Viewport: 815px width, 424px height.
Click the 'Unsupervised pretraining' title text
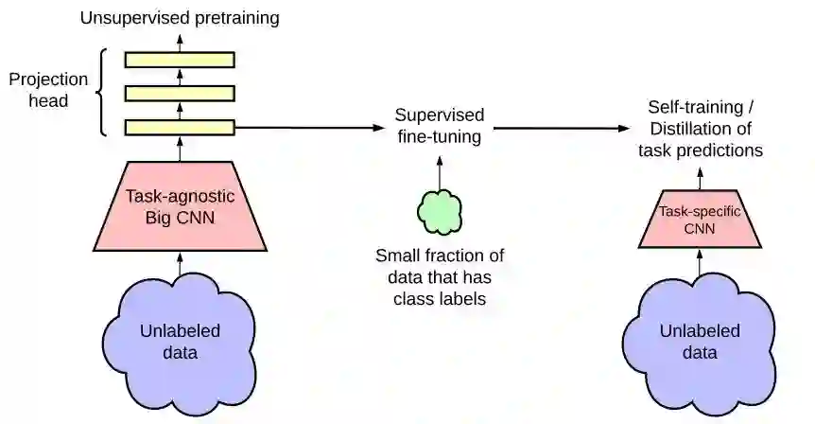click(180, 17)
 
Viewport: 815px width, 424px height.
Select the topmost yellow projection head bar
click(180, 59)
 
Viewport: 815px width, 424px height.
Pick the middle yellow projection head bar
click(180, 93)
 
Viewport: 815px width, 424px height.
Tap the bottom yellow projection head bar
click(180, 127)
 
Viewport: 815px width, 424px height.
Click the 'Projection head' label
click(48, 90)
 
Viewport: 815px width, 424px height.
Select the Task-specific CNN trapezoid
click(700, 220)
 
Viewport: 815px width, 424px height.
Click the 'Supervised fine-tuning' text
click(440, 126)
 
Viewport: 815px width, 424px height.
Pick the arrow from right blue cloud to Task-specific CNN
click(700, 264)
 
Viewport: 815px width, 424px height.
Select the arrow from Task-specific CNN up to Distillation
click(700, 178)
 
